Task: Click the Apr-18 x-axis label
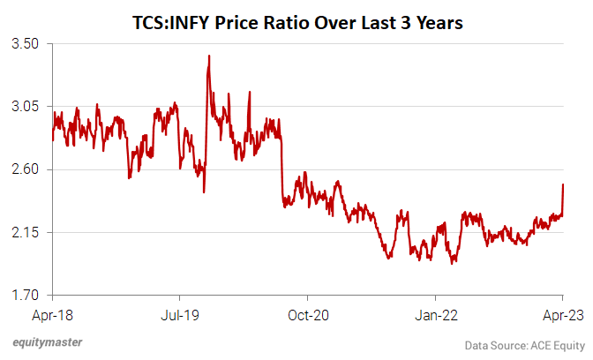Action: click(52, 313)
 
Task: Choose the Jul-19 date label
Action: click(179, 313)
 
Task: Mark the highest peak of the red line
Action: click(208, 56)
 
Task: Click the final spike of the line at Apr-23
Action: click(563, 184)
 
